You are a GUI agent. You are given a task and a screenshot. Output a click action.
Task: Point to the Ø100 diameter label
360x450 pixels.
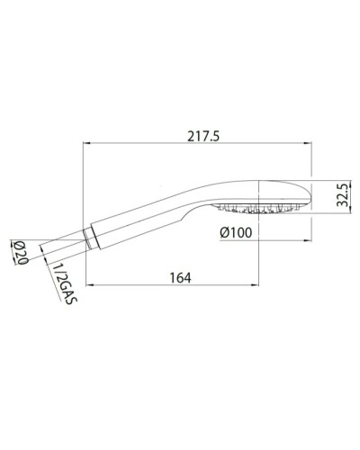236,233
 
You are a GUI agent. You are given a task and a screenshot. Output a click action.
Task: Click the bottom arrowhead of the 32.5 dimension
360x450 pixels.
328,211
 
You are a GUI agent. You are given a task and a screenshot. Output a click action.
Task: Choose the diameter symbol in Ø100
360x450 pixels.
223,233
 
